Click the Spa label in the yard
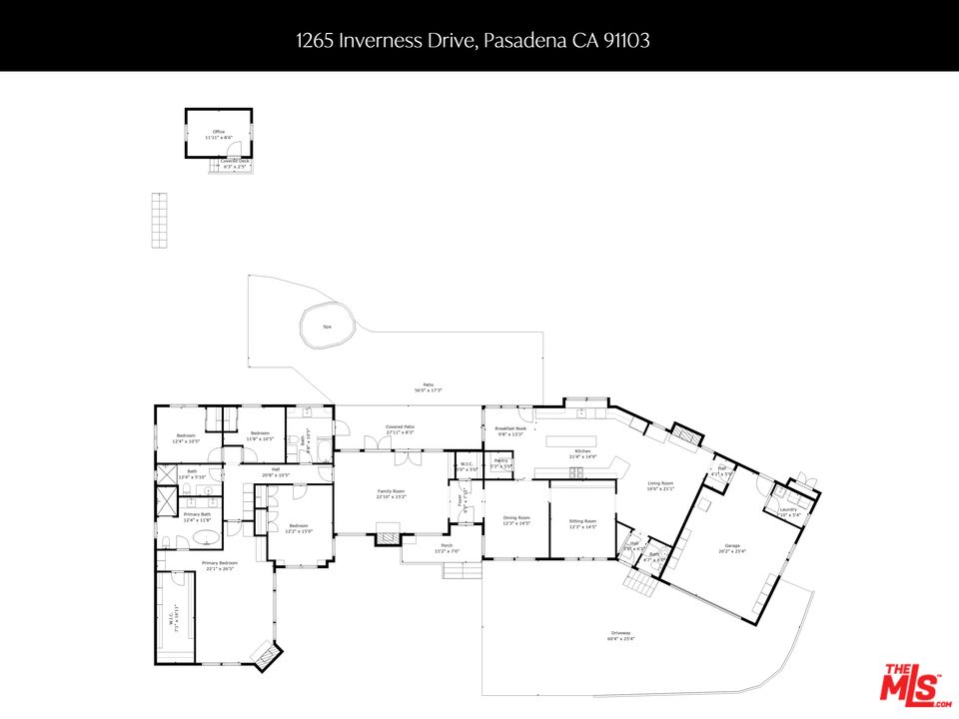(x=327, y=327)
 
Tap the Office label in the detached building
(x=219, y=132)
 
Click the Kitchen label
(x=582, y=451)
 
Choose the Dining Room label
(x=516, y=517)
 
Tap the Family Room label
(x=391, y=492)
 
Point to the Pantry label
(x=500, y=460)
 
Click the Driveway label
(x=620, y=634)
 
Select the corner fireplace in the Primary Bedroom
(x=265, y=656)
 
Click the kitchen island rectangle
(x=569, y=440)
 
